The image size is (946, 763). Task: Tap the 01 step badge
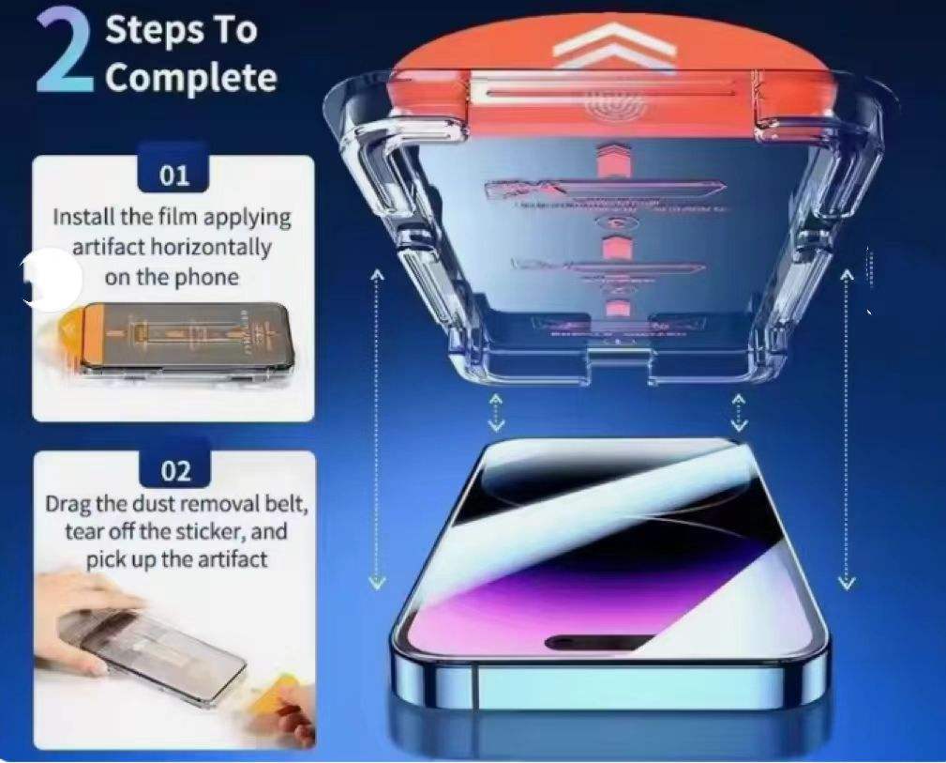(173, 175)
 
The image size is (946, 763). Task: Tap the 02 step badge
(175, 470)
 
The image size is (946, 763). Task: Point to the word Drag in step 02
(68, 504)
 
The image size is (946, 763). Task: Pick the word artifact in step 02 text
(233, 558)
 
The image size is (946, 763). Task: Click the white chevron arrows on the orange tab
(613, 47)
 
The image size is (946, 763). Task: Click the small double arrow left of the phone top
(495, 413)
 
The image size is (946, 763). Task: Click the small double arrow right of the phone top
(739, 413)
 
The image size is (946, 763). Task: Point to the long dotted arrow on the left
(377, 430)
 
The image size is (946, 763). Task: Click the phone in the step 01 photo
(187, 340)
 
